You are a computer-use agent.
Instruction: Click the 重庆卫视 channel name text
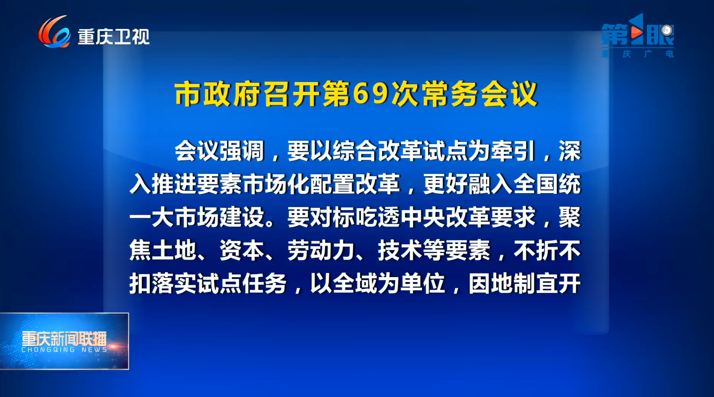coord(114,37)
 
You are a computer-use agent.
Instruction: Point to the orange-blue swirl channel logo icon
coord(54,32)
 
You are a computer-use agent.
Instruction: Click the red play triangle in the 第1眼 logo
coord(637,32)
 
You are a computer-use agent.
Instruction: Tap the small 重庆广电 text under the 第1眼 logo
coord(638,53)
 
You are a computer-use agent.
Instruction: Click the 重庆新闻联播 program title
coord(64,339)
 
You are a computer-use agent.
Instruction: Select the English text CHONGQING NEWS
coord(64,350)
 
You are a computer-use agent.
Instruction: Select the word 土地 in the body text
coord(174,250)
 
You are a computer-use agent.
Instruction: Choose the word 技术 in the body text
coord(400,250)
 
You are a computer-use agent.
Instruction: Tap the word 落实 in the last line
coord(174,283)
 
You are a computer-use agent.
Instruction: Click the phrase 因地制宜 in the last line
coord(524,283)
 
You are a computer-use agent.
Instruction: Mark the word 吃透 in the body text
coord(377,217)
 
